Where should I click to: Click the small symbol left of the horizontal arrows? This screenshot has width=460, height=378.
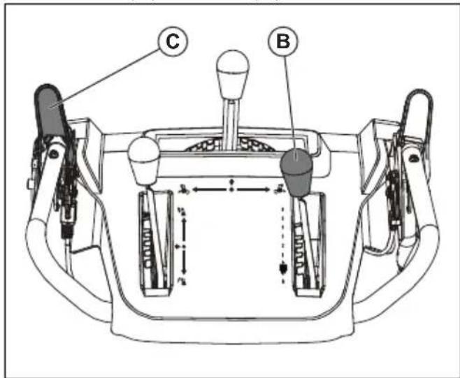[184, 189]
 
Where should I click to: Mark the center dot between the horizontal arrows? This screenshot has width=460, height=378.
[233, 189]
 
